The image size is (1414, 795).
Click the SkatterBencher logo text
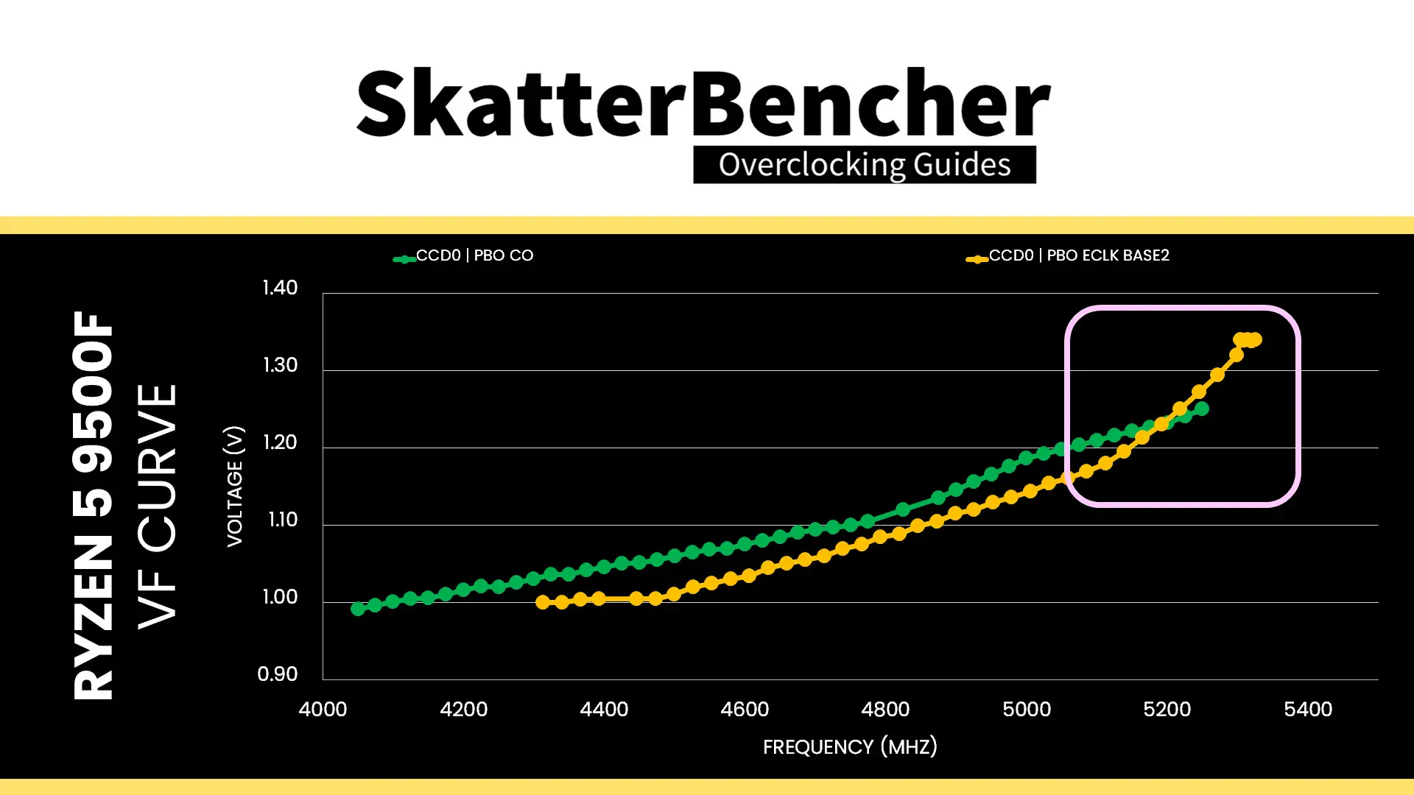point(703,102)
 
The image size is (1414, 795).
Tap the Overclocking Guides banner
point(865,165)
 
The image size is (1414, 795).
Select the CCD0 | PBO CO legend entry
point(463,256)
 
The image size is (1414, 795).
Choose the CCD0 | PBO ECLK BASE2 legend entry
point(1068,256)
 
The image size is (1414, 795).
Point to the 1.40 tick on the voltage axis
point(280,288)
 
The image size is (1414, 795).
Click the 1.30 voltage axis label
point(280,365)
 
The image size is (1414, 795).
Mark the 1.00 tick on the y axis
point(280,597)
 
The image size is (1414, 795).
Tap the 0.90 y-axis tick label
point(278,674)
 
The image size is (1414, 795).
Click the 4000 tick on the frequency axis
point(323,710)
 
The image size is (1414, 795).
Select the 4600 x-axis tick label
point(745,710)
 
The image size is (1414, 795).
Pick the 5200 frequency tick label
point(1167,710)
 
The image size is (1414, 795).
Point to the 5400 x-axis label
point(1308,710)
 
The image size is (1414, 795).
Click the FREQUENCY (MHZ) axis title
point(850,747)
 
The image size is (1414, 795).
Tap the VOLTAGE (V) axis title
point(234,486)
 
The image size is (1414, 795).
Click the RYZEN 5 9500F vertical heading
point(94,505)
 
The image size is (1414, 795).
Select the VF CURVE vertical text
point(158,506)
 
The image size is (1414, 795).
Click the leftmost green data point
point(358,609)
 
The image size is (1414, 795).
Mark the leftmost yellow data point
point(543,602)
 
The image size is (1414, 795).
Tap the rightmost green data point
point(1202,409)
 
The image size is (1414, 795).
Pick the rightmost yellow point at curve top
point(1256,339)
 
